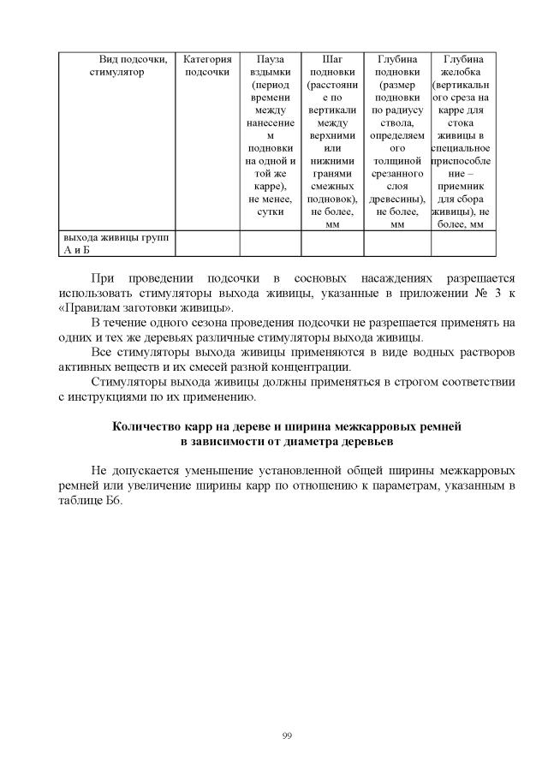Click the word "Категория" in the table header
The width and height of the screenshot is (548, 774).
coord(207,59)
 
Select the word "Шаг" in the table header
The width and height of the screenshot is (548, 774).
coord(332,59)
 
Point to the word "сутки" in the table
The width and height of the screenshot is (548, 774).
coord(271,211)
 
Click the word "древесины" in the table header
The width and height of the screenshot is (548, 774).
coord(396,199)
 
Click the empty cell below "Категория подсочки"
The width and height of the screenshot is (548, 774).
coord(207,243)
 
